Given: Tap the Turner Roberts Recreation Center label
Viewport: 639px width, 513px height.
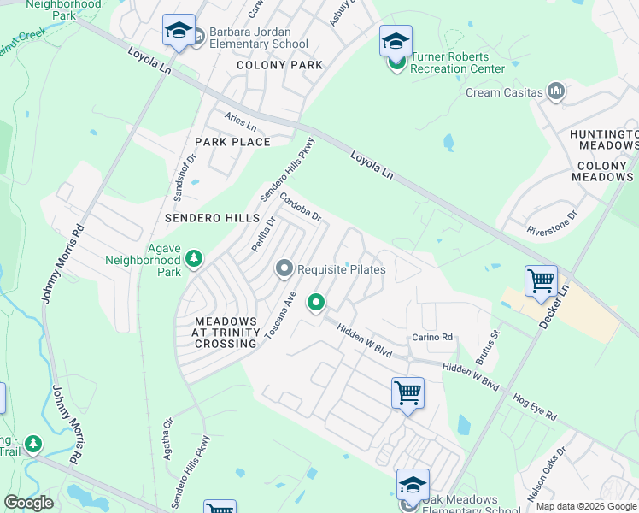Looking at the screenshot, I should point(457,62).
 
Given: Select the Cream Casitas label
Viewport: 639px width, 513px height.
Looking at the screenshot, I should point(504,92).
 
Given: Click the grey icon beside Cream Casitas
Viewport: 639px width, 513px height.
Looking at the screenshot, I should point(557,91).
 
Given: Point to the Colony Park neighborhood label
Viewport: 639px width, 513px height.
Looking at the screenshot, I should point(279,65).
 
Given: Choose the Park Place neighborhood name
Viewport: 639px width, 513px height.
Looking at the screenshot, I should point(232,142).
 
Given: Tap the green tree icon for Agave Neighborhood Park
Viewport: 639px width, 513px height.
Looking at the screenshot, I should point(195,257).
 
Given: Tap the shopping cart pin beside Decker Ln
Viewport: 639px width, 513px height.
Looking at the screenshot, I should point(542,280).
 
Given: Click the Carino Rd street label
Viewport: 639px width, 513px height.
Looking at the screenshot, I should point(432,337).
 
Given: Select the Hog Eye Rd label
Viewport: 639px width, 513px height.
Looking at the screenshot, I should point(536,406).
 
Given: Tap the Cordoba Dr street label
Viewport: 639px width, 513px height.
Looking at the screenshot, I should point(300,205).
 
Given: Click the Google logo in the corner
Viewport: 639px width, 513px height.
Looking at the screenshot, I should point(28,503).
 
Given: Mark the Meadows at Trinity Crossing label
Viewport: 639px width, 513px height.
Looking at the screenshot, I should point(220,333).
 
